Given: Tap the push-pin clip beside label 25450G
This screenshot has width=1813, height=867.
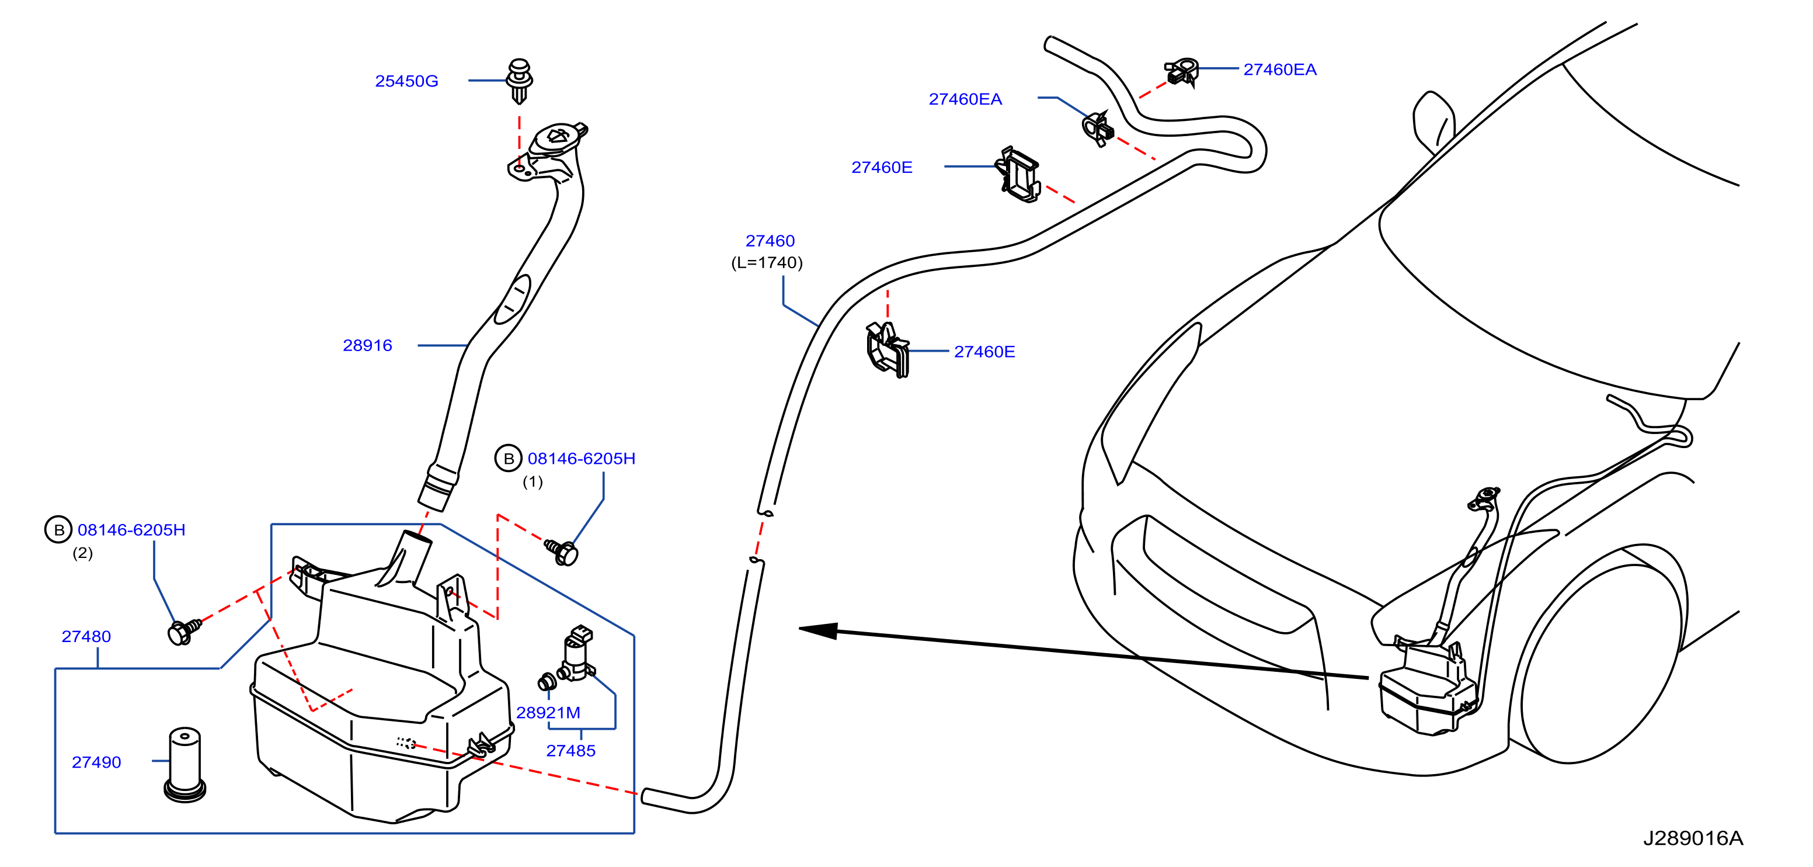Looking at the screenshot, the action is [520, 80].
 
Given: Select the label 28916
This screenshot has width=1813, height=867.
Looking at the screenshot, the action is [367, 345].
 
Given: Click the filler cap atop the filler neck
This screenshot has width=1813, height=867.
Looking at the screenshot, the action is [558, 138].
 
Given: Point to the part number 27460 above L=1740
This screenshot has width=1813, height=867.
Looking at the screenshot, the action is [770, 241].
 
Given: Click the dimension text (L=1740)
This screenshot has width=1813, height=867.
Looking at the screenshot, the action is [767, 263].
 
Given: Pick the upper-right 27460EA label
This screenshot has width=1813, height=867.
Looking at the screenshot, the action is [1279, 69].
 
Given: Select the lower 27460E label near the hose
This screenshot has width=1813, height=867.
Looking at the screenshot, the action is [984, 352].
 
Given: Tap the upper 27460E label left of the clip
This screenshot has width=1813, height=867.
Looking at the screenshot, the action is [882, 167].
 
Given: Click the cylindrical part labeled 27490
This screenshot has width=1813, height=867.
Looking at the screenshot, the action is [185, 764].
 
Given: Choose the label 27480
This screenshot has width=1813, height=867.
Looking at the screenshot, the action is [86, 636].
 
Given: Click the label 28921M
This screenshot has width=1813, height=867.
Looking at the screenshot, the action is [548, 712].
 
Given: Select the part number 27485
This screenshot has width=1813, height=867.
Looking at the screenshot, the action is [571, 750].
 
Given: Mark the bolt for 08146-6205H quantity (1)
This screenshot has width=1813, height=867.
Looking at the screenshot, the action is [562, 552].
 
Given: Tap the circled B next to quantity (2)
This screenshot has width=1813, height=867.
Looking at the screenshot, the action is [58, 530].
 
